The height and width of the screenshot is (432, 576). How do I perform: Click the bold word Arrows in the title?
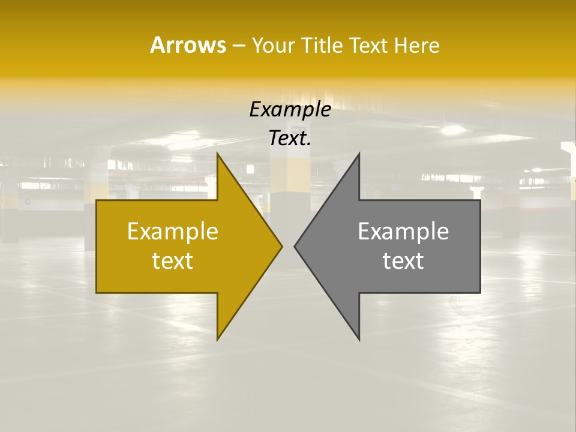click(188, 45)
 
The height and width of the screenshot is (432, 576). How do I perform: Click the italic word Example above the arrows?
click(290, 110)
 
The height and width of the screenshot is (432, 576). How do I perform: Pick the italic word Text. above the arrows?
click(290, 139)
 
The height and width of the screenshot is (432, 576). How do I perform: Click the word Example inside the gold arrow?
click(172, 232)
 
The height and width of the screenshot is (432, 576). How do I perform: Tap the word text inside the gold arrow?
click(172, 261)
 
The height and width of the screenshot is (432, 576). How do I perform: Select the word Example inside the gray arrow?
click(403, 232)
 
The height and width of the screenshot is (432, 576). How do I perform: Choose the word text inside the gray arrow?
click(403, 261)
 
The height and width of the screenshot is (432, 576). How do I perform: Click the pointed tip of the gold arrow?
click(281, 246)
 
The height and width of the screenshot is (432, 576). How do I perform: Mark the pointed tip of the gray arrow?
click(295, 246)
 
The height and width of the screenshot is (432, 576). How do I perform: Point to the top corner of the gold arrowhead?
click(218, 155)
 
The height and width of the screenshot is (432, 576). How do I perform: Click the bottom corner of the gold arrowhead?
click(218, 338)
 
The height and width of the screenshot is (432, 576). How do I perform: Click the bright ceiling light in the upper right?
click(453, 130)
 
